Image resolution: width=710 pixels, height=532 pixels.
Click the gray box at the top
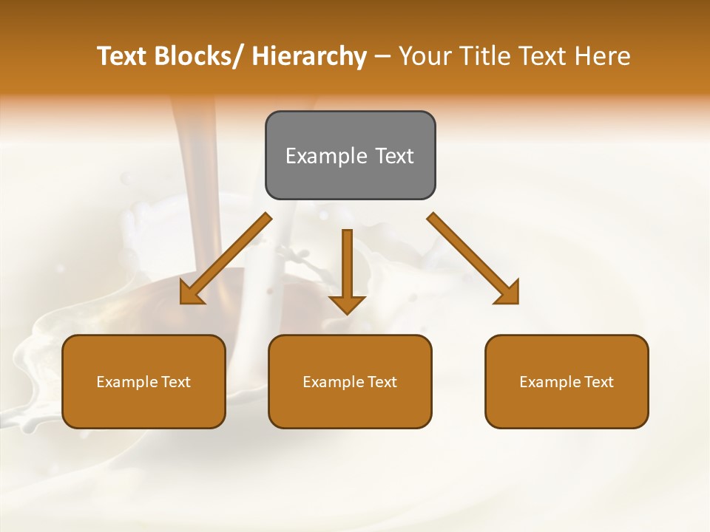click(350, 155)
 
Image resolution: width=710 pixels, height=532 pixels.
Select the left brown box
click(143, 381)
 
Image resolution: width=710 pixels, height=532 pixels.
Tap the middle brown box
click(350, 381)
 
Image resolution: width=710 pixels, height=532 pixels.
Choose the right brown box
click(567, 381)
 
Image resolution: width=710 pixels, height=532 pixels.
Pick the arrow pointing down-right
click(473, 259)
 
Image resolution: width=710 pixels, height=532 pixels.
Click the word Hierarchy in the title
click(309, 56)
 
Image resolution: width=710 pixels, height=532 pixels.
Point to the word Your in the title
click(424, 56)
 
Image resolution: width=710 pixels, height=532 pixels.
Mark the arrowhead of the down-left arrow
click(192, 293)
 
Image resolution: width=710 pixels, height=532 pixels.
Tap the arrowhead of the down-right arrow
click(507, 292)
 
